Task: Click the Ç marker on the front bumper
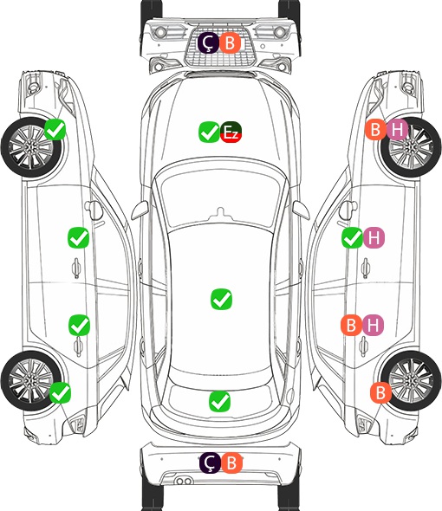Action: (208, 42)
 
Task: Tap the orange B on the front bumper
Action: (230, 42)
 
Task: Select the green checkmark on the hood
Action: (209, 132)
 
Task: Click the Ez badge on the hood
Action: (231, 132)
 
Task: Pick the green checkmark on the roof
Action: (222, 299)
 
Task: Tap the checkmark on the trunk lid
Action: (219, 401)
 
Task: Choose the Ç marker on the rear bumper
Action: (210, 462)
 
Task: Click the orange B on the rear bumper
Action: (231, 462)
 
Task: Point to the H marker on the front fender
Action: (397, 130)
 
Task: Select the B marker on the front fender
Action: (375, 130)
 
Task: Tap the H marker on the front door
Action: (374, 237)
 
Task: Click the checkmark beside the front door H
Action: (352, 237)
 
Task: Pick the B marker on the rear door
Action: (351, 325)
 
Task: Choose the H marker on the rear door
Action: (374, 325)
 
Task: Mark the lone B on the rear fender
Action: (380, 392)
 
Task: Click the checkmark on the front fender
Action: (55, 130)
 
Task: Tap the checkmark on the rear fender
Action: (61, 392)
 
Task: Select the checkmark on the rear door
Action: (79, 325)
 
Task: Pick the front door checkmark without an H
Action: (78, 237)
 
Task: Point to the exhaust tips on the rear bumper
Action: (184, 482)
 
